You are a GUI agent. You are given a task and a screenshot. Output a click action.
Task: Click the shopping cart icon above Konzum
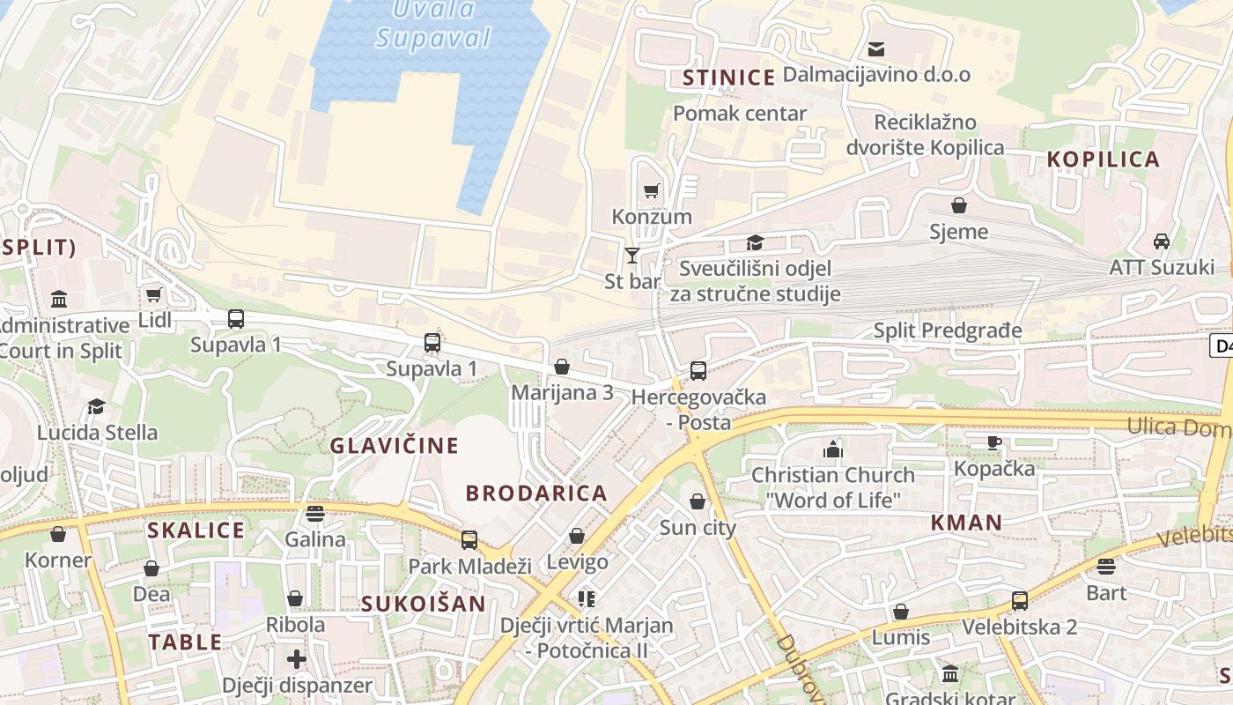(x=651, y=190)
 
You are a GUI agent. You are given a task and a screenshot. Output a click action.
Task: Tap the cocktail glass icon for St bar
(x=631, y=256)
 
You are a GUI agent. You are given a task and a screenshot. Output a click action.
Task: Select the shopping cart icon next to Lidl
(x=154, y=294)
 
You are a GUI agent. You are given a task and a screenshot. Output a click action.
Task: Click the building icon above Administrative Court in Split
(x=59, y=299)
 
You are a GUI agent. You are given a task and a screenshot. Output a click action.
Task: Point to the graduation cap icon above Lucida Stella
(x=96, y=406)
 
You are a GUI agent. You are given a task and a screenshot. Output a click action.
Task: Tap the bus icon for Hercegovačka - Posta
(x=698, y=371)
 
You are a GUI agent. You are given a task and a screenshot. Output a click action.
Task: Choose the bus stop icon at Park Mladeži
(x=469, y=540)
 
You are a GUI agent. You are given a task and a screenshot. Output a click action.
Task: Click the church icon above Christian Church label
(x=833, y=449)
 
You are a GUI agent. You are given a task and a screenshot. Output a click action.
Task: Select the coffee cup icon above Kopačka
(x=994, y=442)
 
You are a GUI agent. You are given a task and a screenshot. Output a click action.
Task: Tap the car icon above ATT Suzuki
(x=1162, y=241)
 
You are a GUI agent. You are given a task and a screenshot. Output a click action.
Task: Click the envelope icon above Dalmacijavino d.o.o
(x=876, y=48)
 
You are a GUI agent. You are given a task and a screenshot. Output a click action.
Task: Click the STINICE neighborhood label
(x=729, y=78)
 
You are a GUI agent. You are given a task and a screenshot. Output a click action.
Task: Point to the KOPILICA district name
(x=1103, y=160)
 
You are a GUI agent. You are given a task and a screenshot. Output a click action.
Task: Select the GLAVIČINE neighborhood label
(x=395, y=446)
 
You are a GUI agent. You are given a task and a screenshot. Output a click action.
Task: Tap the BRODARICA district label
(x=536, y=493)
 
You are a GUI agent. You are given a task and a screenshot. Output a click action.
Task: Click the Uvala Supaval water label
(x=433, y=25)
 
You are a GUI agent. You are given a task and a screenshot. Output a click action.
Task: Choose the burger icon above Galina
(x=315, y=513)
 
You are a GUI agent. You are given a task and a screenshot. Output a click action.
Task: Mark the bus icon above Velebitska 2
(x=1019, y=601)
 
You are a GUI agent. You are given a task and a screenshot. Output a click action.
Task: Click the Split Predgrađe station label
(x=948, y=330)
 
